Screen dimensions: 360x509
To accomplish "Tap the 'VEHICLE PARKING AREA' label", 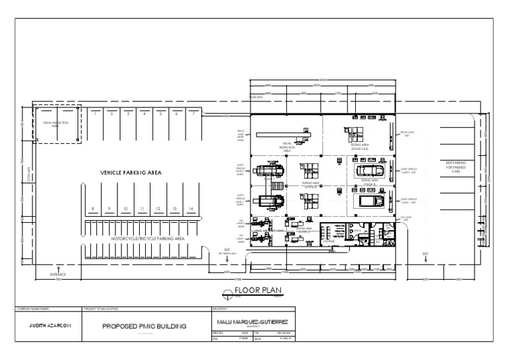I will pyautogui.click(x=131, y=172).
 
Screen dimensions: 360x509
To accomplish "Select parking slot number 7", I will pyautogui.click(x=192, y=114).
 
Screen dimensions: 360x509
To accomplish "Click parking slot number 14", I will pyautogui.click(x=191, y=209).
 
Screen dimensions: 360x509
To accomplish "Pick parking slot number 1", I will pyautogui.click(x=95, y=114).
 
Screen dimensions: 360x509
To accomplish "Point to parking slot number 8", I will pyautogui.click(x=93, y=209).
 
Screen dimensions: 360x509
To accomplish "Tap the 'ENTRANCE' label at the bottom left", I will pyautogui.click(x=59, y=273).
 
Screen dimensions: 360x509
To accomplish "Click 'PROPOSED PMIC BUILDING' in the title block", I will pyautogui.click(x=144, y=326).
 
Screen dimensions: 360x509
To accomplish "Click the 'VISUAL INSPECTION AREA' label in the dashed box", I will pyautogui.click(x=55, y=123).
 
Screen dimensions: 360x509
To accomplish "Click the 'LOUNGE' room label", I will pyautogui.click(x=329, y=243).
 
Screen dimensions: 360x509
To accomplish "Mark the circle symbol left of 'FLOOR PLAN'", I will pyautogui.click(x=227, y=292).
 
